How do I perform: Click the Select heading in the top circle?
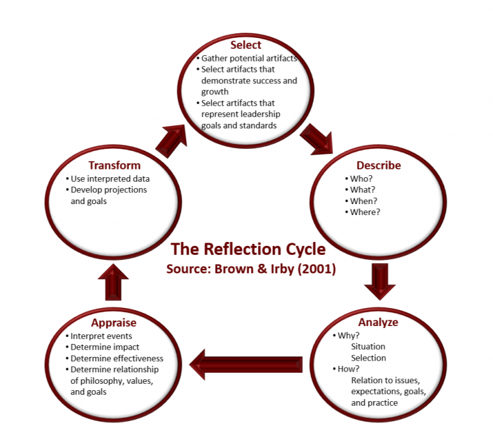246,45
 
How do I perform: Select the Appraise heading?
113,322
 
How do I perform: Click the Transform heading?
114,165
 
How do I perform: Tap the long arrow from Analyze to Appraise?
247,364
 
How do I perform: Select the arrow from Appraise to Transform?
113,280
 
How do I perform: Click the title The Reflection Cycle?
248,249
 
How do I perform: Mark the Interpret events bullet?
101,336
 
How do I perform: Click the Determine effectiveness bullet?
116,358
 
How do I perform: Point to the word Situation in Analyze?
368,347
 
